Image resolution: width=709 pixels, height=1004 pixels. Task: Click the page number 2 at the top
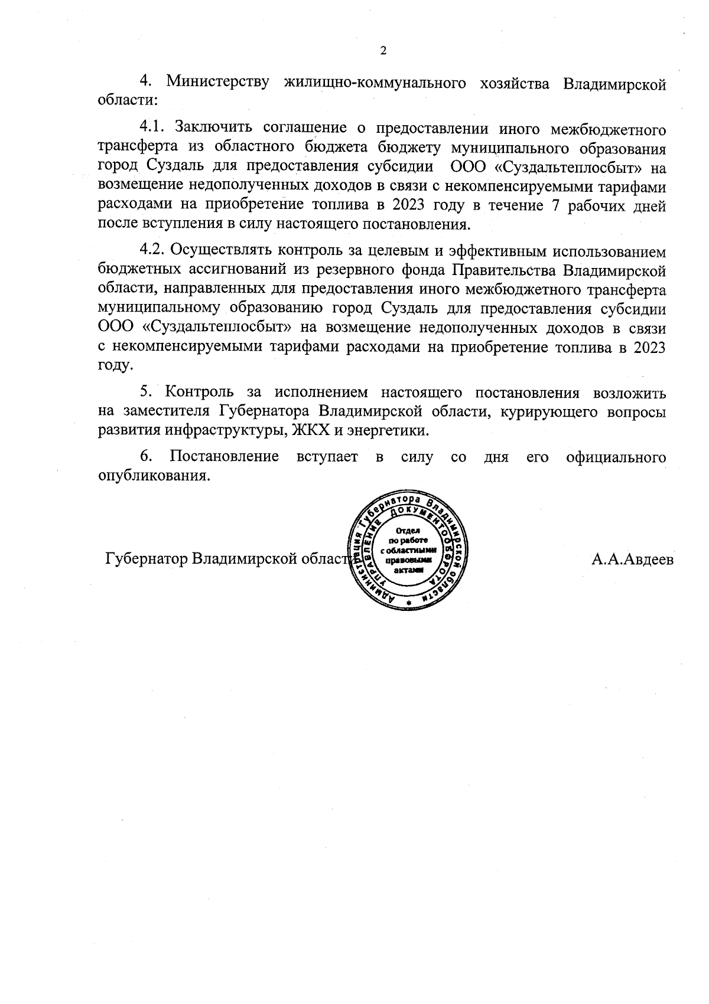[x=383, y=51]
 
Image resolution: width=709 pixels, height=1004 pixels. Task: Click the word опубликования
[x=154, y=476]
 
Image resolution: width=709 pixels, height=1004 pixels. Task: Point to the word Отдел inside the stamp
[x=407, y=530]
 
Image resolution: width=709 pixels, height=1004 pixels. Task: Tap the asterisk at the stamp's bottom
[x=408, y=602]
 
